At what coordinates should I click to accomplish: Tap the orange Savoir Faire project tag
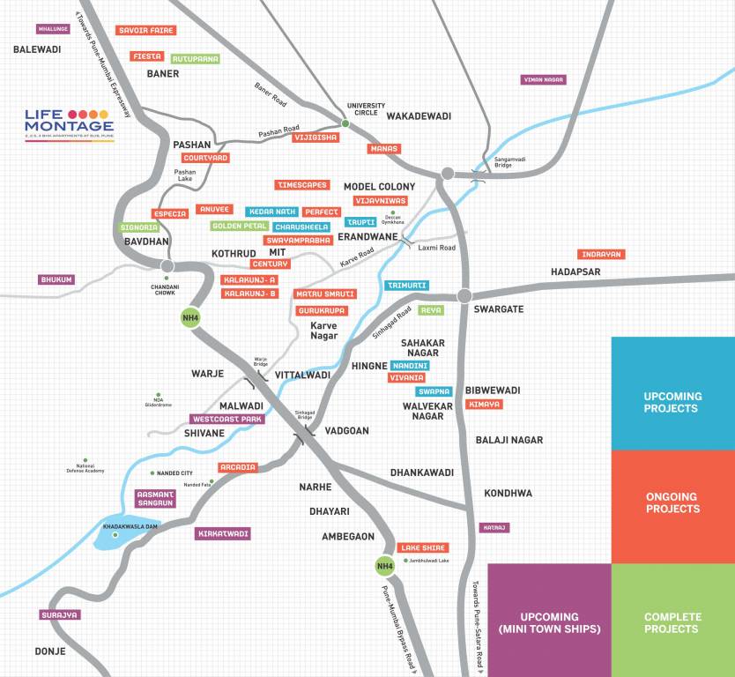pos(146,30)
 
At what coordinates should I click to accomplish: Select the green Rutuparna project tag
pos(195,59)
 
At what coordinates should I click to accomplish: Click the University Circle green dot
pos(345,123)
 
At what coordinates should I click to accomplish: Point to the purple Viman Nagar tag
pos(544,79)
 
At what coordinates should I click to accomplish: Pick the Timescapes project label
pos(302,185)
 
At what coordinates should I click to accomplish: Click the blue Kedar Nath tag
pos(271,212)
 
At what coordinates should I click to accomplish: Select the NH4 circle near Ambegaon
pos(384,565)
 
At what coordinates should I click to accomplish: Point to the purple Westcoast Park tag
pos(227,419)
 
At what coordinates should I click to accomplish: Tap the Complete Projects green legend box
pos(672,622)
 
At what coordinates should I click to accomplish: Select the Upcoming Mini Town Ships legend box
pos(549,622)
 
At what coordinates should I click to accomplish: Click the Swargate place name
pos(498,309)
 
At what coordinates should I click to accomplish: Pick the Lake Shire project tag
pos(423,547)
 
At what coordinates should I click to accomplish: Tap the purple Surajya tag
pos(60,614)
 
